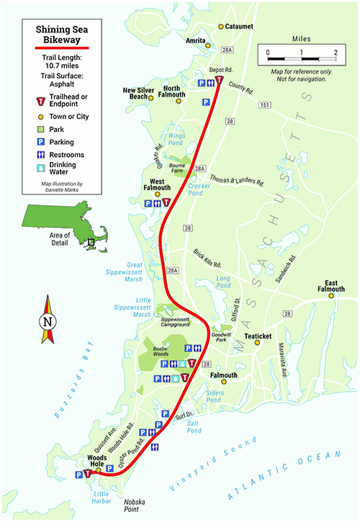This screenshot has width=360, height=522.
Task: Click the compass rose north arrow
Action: pos(48,322)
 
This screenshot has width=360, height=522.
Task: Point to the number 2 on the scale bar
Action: pos(336,53)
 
